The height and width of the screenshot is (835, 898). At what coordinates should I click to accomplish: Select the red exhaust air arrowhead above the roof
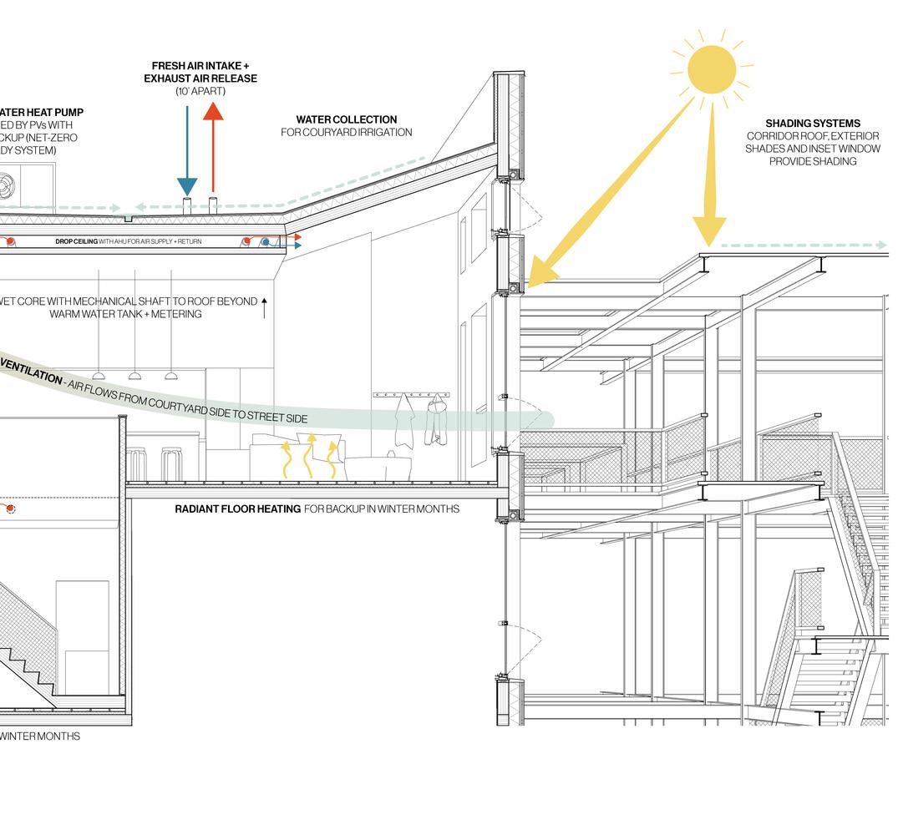(x=213, y=112)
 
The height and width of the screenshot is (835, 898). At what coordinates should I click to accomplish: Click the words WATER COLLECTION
(x=346, y=119)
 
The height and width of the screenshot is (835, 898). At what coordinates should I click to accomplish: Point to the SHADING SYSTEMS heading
(x=812, y=124)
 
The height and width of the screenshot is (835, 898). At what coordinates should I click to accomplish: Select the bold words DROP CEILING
(x=76, y=241)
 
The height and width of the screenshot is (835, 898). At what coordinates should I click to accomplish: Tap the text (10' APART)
(x=200, y=91)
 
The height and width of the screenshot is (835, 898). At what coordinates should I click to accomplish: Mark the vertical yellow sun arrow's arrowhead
(x=709, y=230)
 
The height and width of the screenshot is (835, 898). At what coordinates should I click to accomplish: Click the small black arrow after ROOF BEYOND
(x=265, y=306)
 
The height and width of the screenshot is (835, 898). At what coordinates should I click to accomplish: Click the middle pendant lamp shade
(x=134, y=377)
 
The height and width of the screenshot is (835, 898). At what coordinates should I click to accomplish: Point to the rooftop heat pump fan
(x=7, y=183)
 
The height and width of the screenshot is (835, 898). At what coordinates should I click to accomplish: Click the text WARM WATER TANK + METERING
(x=125, y=314)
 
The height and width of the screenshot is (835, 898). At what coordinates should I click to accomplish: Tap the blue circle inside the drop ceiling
(x=265, y=242)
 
